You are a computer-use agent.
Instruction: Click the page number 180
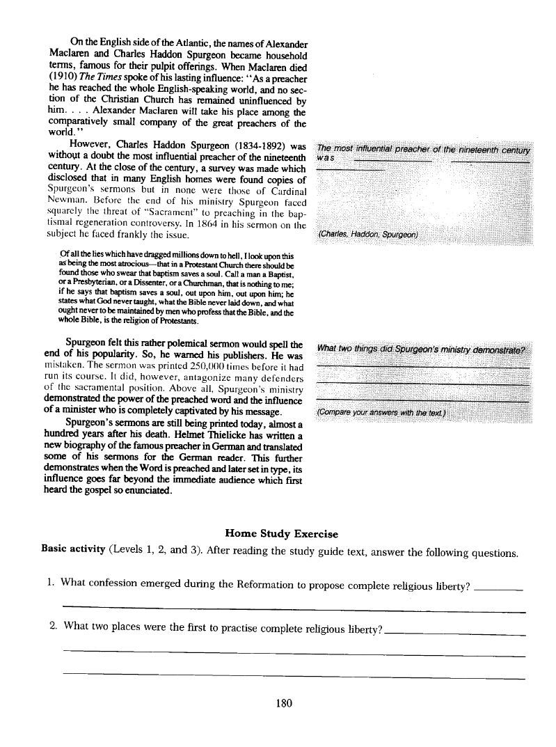pos(282,703)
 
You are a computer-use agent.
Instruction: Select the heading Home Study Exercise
pos(281,534)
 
